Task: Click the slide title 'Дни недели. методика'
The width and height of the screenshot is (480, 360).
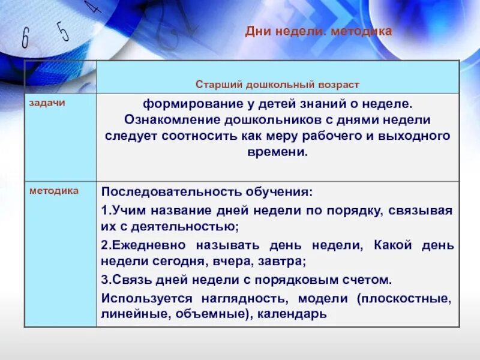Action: point(318,31)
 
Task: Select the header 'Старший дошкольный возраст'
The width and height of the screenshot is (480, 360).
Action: point(277,85)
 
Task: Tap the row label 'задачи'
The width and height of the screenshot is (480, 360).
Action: point(47,103)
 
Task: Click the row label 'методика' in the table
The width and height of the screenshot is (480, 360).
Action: point(54,190)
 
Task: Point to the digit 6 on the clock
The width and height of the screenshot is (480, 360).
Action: point(25,38)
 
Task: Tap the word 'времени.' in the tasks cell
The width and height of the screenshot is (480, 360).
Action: point(277,152)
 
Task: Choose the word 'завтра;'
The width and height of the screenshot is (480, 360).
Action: point(283,262)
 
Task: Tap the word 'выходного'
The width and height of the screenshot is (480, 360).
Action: point(419,136)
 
